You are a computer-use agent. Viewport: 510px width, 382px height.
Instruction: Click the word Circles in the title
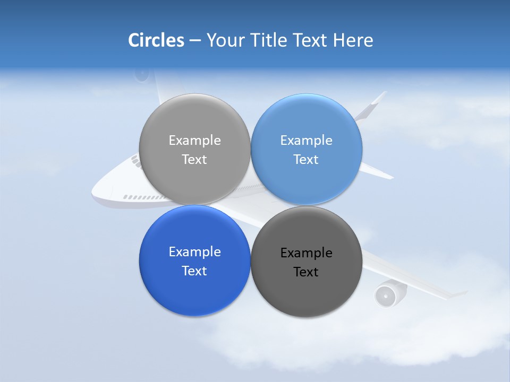coord(156,40)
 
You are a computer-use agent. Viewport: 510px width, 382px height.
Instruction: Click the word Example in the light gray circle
coord(194,140)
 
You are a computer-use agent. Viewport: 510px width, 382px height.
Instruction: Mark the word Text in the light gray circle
coord(194,159)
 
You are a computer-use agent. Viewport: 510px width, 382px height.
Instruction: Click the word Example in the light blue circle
coord(306,140)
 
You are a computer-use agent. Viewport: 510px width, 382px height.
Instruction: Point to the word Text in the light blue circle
coord(306,159)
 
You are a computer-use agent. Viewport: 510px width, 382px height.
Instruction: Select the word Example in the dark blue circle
coord(194,251)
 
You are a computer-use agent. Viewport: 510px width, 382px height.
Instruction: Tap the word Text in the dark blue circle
coord(194,271)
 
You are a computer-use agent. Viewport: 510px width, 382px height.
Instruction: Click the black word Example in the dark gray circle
coord(306,253)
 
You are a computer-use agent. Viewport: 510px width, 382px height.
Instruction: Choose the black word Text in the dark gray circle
coord(306,272)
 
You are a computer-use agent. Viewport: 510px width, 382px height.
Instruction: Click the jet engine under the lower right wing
coord(387,295)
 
